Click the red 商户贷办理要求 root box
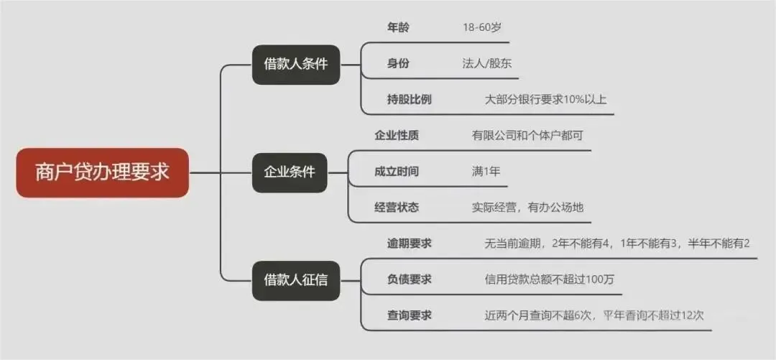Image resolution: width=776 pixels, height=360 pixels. pyautogui.click(x=102, y=173)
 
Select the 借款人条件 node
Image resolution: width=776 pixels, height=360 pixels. pyautogui.click(x=295, y=64)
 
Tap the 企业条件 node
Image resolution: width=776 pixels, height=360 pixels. pyautogui.click(x=290, y=172)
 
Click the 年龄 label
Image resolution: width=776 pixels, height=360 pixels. pyautogui.click(x=398, y=27)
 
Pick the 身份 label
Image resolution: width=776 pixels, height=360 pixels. pyautogui.click(x=398, y=63)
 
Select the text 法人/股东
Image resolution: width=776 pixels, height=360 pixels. pyautogui.click(x=486, y=63)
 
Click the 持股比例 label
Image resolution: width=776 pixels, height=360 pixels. pyautogui.click(x=409, y=99)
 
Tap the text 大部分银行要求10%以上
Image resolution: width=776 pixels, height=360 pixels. pyautogui.click(x=545, y=99)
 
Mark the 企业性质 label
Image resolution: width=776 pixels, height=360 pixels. pyautogui.click(x=397, y=135)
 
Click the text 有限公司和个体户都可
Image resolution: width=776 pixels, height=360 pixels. pyautogui.click(x=522, y=135)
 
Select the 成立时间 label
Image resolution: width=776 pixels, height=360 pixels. pyautogui.click(x=397, y=172)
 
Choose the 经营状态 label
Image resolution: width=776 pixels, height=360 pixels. pyautogui.click(x=397, y=208)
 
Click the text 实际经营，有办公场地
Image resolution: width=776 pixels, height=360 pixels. pyautogui.click(x=527, y=208)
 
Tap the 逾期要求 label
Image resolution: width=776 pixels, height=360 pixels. pyautogui.click(x=409, y=244)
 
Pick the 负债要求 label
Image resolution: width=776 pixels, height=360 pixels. pyautogui.click(x=409, y=280)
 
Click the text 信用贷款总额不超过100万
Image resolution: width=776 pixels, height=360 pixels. pyautogui.click(x=550, y=280)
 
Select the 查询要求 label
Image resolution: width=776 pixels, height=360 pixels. pyautogui.click(x=409, y=315)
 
